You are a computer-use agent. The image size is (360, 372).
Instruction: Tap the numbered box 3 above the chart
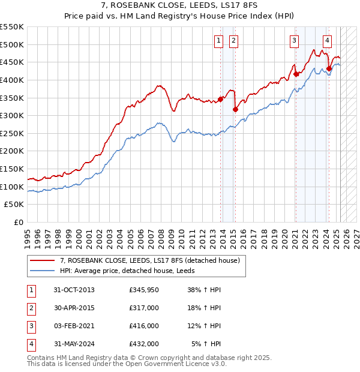click(x=295, y=41)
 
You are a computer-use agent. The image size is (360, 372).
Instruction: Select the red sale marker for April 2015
click(x=236, y=109)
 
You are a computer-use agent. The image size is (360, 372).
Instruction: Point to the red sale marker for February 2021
click(x=296, y=74)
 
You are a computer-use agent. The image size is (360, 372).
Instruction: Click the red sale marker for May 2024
click(x=329, y=68)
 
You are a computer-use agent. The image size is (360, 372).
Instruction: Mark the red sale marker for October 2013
click(x=221, y=99)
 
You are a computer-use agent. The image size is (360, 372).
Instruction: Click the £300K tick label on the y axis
click(x=12, y=115)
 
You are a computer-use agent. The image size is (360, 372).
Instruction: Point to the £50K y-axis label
click(x=14, y=204)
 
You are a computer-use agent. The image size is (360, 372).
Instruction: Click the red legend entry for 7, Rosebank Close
click(x=149, y=260)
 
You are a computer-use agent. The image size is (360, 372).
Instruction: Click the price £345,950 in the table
click(x=144, y=290)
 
